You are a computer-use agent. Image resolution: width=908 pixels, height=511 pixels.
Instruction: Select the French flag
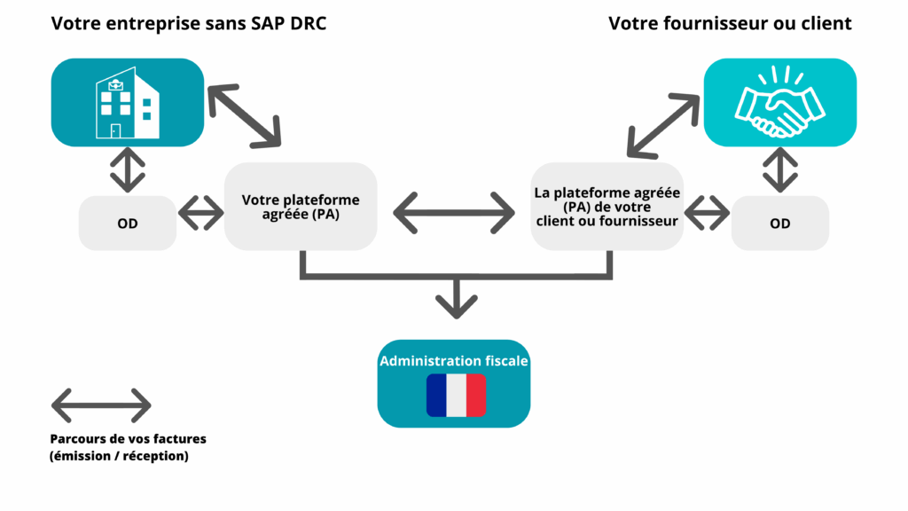[x=456, y=396]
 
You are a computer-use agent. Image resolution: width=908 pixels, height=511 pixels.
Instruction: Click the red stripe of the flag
[x=475, y=396]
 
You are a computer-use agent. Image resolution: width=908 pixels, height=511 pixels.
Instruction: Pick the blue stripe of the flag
[x=436, y=396]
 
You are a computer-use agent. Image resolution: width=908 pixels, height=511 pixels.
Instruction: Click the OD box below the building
[x=128, y=224]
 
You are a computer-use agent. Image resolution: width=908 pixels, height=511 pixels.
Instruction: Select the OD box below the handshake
[x=780, y=224]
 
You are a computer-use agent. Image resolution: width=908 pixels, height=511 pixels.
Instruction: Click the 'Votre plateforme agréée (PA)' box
[x=301, y=207]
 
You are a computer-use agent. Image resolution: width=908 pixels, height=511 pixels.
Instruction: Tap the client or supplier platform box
[x=607, y=207]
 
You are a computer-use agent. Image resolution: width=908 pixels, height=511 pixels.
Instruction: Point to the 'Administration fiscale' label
[x=454, y=361]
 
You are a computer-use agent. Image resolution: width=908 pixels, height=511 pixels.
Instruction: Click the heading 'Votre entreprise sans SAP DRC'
[x=189, y=24]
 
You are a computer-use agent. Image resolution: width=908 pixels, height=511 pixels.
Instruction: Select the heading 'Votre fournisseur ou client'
[x=730, y=24]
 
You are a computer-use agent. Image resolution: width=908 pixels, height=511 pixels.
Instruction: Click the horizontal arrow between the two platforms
[x=454, y=213]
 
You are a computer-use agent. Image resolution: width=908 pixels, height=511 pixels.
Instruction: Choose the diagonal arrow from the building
[x=244, y=115]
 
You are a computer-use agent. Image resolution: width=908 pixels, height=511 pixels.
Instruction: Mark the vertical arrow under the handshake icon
[x=780, y=169]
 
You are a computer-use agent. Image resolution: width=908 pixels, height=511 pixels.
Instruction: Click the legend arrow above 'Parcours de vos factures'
[x=101, y=405]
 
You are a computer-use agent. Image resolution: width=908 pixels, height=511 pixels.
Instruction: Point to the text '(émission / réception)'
[x=120, y=457]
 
